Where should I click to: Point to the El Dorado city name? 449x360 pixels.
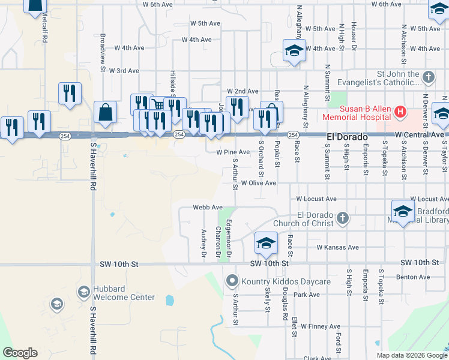pyautogui.click(x=347, y=137)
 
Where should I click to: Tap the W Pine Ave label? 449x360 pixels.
pyautogui.click(x=233, y=152)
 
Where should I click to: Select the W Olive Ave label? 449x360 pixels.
pyautogui.click(x=259, y=183)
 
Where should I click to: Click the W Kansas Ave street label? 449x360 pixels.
pyautogui.click(x=337, y=247)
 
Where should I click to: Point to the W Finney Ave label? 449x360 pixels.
pyautogui.click(x=321, y=326)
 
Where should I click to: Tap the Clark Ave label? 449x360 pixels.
pyautogui.click(x=318, y=358)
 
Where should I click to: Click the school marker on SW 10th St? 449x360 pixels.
pyautogui.click(x=266, y=243)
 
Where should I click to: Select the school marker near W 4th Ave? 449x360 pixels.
pyautogui.click(x=294, y=51)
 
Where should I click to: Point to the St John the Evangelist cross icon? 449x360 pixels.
pyautogui.click(x=428, y=77)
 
